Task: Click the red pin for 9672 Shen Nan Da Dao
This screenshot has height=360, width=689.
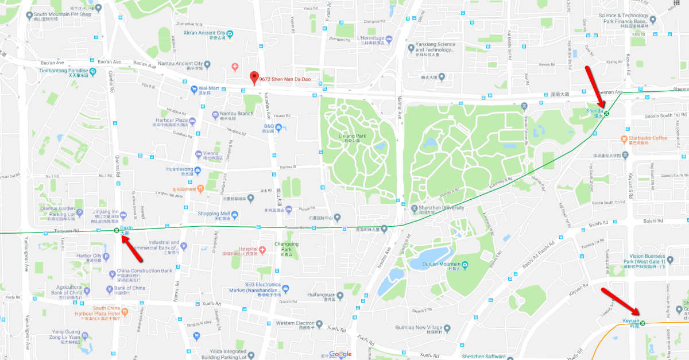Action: click(x=254, y=79)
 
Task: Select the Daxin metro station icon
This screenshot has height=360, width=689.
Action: click(x=117, y=230)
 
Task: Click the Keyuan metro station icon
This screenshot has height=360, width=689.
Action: click(x=642, y=323)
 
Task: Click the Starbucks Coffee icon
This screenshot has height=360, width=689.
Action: click(x=624, y=139)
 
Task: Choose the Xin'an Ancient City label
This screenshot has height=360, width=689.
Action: click(x=203, y=33)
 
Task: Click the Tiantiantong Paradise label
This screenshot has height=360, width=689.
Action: click(x=64, y=71)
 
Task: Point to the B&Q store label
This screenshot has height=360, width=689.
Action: click(x=269, y=126)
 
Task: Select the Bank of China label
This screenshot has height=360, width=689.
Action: click(x=129, y=288)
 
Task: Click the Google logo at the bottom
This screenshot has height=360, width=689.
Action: click(x=340, y=354)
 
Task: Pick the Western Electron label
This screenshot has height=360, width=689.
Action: click(x=295, y=323)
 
